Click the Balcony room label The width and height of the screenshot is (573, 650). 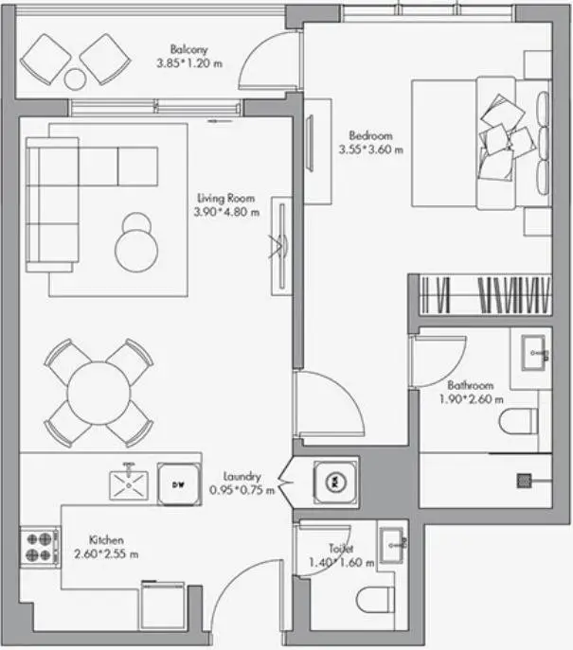188,50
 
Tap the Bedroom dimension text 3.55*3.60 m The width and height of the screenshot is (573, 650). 371,149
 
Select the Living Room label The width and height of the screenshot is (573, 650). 226,198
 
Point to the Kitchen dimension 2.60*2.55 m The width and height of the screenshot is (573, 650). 106,553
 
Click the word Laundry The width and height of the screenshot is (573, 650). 242,477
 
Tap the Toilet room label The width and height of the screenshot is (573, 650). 341,549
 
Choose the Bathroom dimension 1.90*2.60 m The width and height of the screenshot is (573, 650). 472,399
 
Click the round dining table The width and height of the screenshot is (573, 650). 99,393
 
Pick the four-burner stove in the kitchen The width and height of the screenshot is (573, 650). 40,547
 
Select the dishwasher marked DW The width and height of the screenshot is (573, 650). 179,483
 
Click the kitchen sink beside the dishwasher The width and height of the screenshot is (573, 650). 129,485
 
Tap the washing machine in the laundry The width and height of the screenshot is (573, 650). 334,483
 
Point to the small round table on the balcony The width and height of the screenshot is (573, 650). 75,79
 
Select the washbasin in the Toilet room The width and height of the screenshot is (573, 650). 392,545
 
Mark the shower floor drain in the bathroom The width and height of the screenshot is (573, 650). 524,481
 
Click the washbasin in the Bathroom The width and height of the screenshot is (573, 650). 533,353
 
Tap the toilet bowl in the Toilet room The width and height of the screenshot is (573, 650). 375,600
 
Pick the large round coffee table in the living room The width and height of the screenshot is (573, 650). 136,251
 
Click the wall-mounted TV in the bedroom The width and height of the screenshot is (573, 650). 310,143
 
